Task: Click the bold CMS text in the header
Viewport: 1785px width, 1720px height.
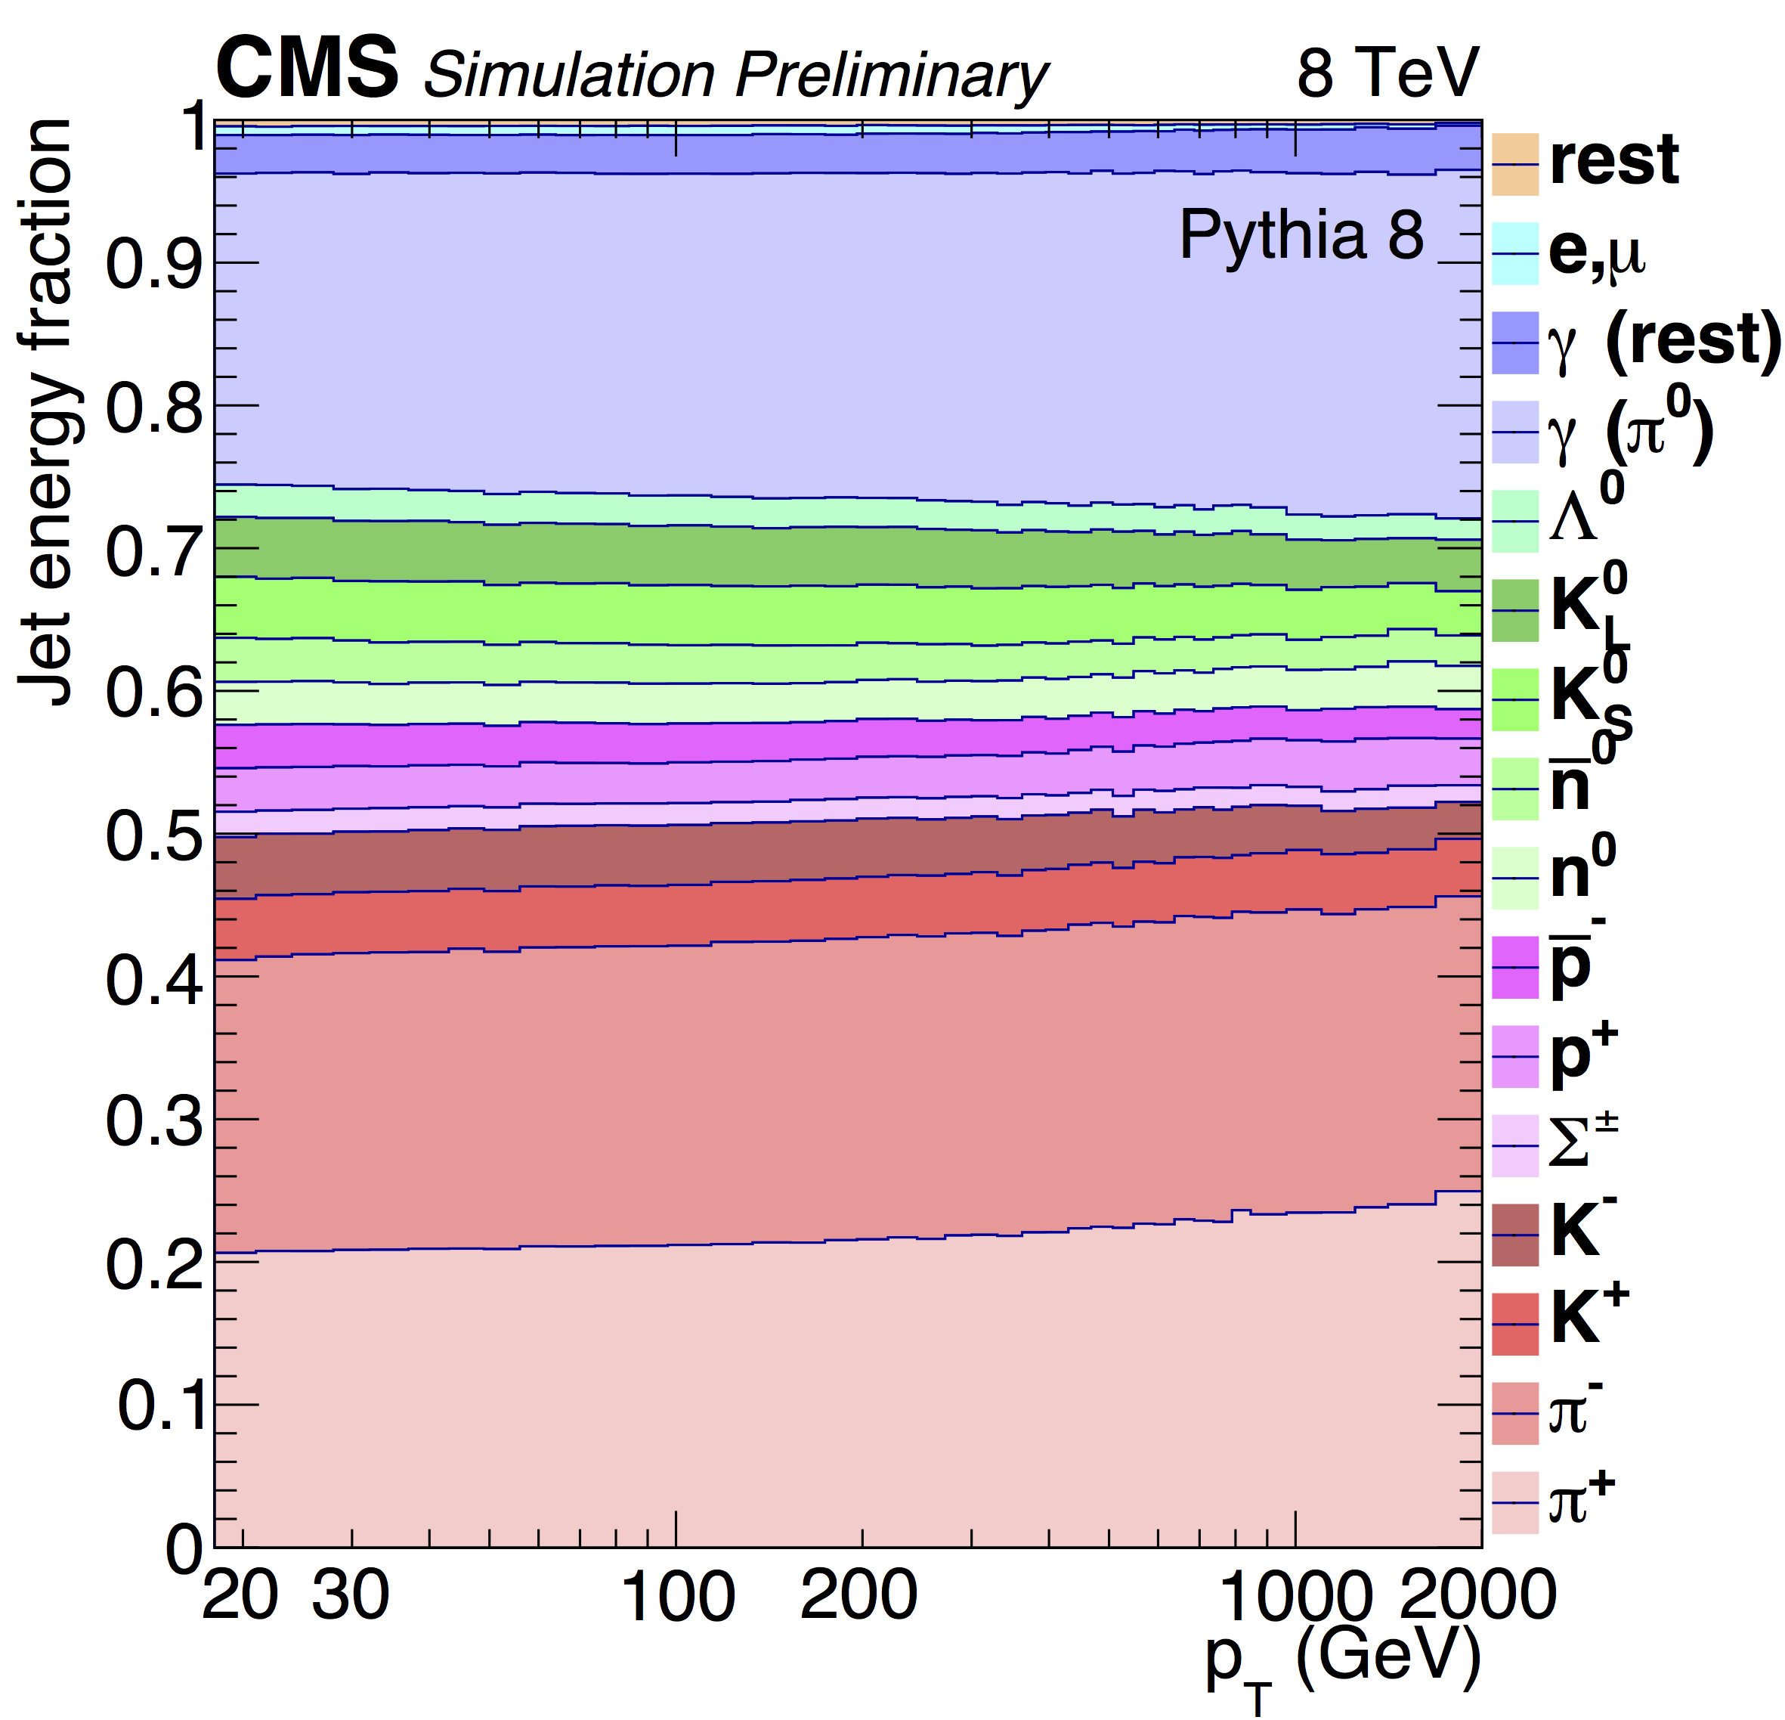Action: point(307,70)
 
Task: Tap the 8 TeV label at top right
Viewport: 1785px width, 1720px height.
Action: point(1388,73)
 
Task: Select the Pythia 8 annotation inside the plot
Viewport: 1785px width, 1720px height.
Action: point(1301,235)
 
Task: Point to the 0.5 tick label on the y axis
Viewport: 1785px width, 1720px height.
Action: point(152,835)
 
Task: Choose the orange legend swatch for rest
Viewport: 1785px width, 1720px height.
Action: point(1514,164)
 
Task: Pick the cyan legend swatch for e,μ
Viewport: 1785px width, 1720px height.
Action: point(1514,253)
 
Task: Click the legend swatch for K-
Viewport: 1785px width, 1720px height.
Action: point(1514,1235)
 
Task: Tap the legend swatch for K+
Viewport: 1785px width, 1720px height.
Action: point(1514,1324)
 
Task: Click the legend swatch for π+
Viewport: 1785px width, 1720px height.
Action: point(1514,1502)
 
